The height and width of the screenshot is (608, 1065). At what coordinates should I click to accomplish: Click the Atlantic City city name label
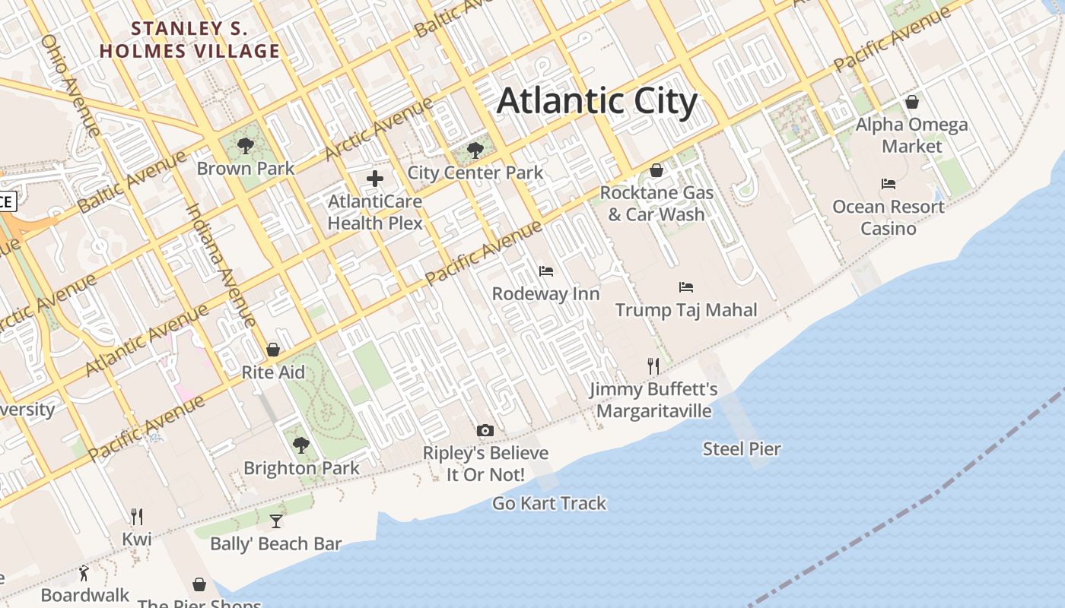[x=596, y=102]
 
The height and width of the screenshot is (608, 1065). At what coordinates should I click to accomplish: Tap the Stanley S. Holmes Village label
[x=190, y=40]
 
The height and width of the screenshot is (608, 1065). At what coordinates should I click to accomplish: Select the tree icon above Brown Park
[x=245, y=146]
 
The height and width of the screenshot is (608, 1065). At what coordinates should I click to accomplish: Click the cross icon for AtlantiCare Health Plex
[x=375, y=179]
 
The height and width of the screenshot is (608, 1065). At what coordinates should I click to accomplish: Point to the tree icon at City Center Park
[x=475, y=150]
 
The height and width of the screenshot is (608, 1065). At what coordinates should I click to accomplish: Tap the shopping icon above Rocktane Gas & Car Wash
[x=656, y=170]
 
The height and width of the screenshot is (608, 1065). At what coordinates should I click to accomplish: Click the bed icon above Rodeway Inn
[x=545, y=271]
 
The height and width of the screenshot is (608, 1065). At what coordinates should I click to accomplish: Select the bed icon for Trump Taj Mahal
[x=686, y=287]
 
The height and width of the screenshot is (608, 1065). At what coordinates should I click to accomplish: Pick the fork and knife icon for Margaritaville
[x=653, y=366]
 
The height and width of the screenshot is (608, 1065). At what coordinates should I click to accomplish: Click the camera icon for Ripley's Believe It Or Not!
[x=485, y=431]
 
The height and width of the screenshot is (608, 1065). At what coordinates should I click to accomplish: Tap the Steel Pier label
[x=742, y=449]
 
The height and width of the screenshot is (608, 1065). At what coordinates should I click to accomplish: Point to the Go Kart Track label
[x=549, y=503]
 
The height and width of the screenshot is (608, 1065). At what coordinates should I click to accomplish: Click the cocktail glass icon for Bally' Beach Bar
[x=276, y=521]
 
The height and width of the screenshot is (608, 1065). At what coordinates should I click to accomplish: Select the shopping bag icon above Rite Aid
[x=273, y=350]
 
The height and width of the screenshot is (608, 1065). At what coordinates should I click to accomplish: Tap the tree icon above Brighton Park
[x=301, y=445]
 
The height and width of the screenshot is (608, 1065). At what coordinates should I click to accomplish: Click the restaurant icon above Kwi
[x=137, y=517]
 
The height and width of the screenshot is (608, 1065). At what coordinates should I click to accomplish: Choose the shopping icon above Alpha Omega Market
[x=912, y=102]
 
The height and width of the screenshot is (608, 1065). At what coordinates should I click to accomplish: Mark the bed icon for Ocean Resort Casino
[x=888, y=184]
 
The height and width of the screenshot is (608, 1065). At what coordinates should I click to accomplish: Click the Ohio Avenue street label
[x=70, y=85]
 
